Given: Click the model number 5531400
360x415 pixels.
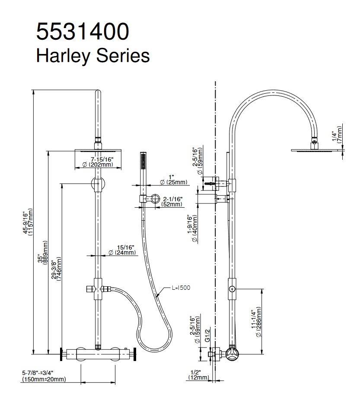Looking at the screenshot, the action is point(83,32).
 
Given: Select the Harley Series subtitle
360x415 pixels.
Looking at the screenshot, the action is point(93,56).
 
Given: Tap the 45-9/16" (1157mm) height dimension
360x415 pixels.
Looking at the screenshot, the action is point(28,222).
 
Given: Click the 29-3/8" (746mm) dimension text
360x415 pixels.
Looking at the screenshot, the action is point(57,269).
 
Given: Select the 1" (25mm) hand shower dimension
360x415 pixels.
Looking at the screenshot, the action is point(173,180).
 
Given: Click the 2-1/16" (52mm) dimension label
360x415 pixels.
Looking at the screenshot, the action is point(172,201).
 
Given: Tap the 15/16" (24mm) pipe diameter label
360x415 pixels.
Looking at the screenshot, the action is point(122,250).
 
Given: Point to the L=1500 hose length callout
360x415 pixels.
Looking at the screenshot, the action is point(181,288).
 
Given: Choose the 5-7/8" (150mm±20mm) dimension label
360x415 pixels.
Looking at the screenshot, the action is point(44,376).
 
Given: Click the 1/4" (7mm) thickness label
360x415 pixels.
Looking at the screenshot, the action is point(337,134).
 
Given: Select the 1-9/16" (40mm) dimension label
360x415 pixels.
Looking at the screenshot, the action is point(193,229).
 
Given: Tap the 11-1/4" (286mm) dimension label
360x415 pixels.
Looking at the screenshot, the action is point(256,322).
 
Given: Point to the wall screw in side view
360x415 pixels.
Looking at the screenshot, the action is point(210,183).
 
